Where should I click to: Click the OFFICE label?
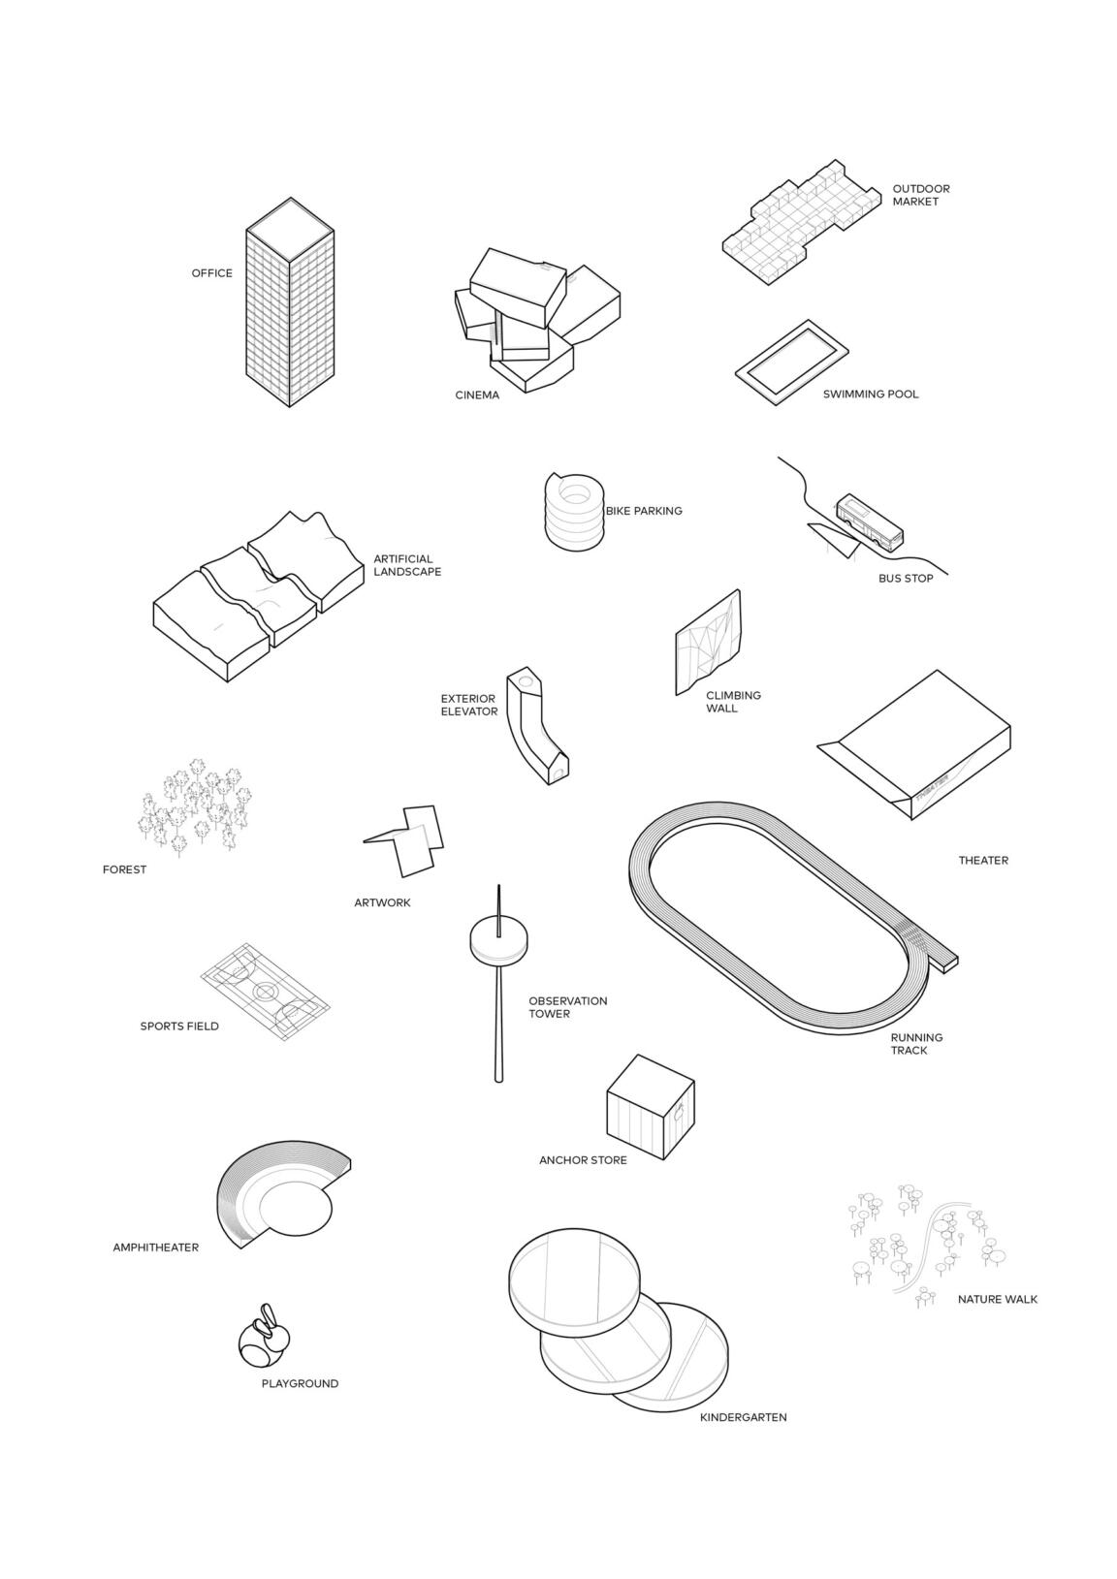click(211, 272)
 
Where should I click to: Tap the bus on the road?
click(870, 522)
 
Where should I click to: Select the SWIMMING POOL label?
click(871, 395)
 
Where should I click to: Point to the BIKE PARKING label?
click(644, 511)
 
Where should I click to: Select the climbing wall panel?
click(708, 643)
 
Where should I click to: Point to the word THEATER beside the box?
click(983, 860)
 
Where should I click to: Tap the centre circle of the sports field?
click(265, 991)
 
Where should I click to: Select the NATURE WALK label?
click(997, 1299)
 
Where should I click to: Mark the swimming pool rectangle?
click(791, 363)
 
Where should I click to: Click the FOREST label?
click(124, 869)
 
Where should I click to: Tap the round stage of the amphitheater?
click(296, 1211)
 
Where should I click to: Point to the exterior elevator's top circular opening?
click(525, 681)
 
